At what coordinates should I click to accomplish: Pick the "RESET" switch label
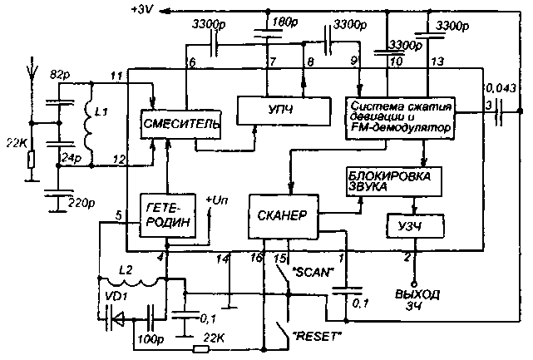click(x=319, y=335)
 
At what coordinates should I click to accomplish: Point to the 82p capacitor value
click(x=57, y=74)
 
